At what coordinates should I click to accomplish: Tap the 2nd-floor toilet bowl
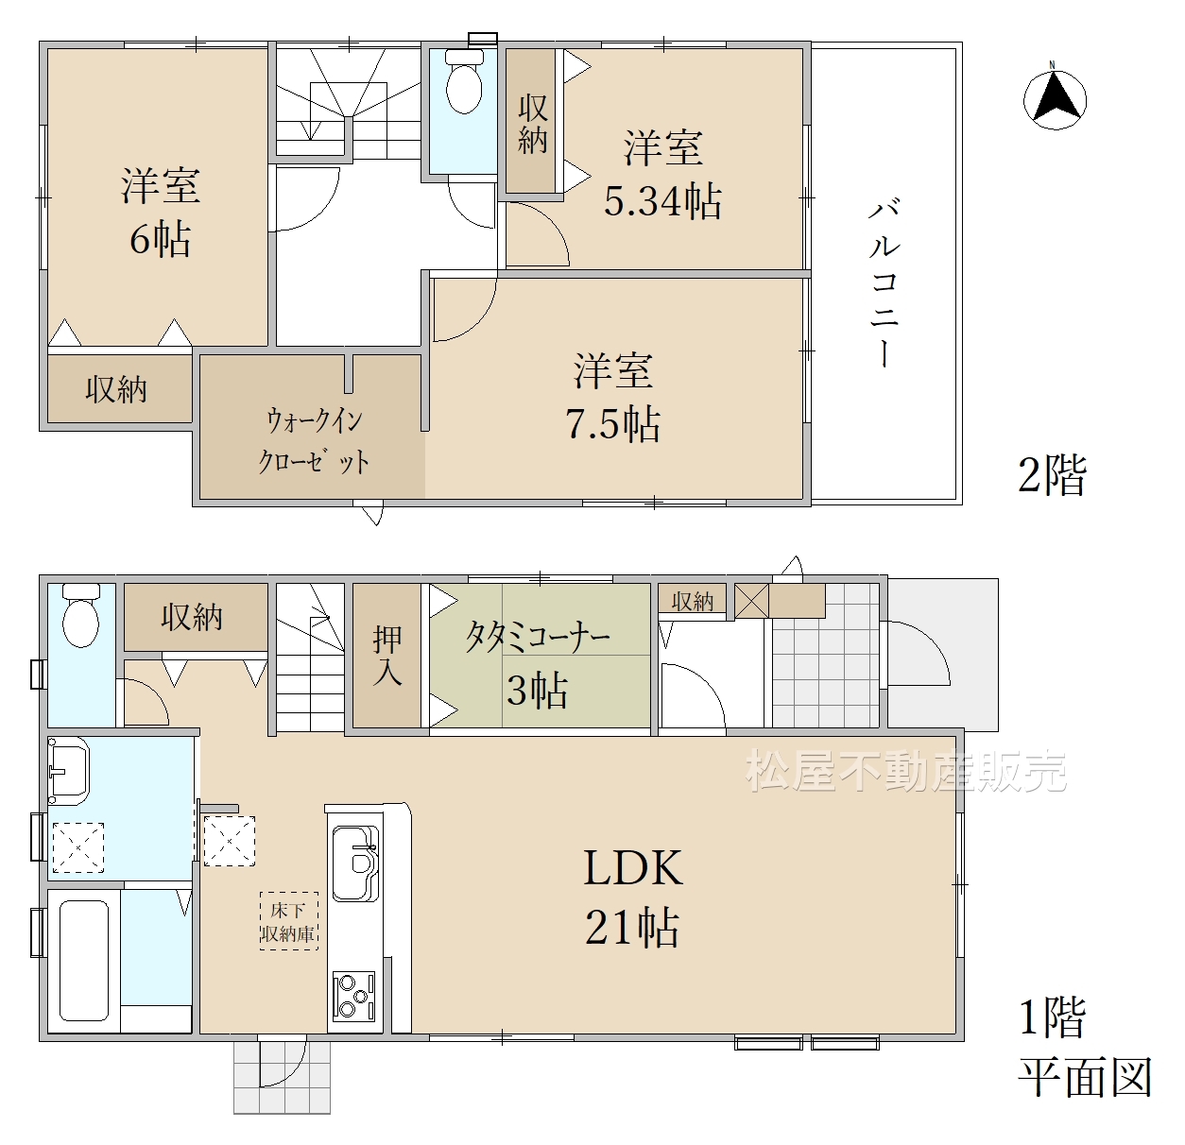point(464,81)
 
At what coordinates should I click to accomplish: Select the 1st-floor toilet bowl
point(81,615)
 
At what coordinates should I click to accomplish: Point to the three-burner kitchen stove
point(353,995)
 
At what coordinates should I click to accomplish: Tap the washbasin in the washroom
point(69,771)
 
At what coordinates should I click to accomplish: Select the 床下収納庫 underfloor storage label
point(288,920)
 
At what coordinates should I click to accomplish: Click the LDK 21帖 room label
point(633,897)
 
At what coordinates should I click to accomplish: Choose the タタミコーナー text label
point(538,638)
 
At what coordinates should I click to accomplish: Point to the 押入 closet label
point(387,656)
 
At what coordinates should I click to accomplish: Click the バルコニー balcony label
point(884,283)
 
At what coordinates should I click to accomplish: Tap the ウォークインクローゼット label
point(315,441)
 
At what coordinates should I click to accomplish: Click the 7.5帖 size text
point(613,423)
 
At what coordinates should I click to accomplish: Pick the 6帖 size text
point(160,238)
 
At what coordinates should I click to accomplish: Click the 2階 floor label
point(1053,475)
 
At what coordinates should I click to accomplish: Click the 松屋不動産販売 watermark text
point(905,771)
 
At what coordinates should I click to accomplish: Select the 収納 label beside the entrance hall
point(693,602)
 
